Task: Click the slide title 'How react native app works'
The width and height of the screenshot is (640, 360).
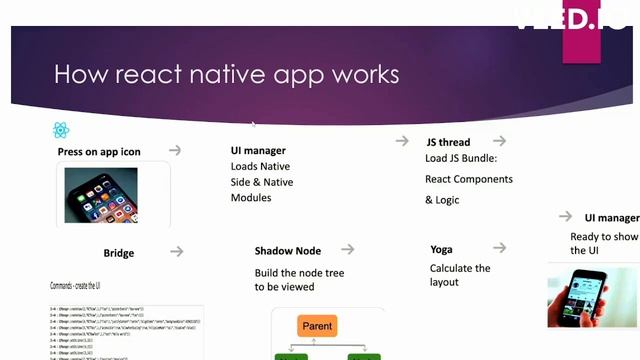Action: click(226, 75)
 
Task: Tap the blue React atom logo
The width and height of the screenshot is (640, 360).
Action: click(62, 130)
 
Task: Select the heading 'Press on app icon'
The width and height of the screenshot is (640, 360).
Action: click(99, 152)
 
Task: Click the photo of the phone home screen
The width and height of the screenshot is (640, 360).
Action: click(101, 194)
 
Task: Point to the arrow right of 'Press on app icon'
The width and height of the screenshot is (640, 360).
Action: click(175, 150)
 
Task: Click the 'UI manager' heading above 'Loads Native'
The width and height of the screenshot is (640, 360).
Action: click(258, 151)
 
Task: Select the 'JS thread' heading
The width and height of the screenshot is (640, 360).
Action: click(447, 142)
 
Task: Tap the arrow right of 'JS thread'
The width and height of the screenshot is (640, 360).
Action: click(499, 141)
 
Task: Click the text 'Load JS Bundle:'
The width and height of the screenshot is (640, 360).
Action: click(461, 158)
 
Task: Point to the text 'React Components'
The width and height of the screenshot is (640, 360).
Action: click(468, 179)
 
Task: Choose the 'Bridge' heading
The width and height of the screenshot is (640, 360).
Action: click(118, 253)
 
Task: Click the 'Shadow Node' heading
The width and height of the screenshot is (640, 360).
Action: click(288, 250)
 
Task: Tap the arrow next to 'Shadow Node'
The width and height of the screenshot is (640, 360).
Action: click(348, 249)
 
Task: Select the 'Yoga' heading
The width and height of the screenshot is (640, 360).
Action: click(441, 249)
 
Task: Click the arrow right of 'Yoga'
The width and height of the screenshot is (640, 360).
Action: click(499, 247)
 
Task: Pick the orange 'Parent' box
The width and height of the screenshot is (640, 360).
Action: click(318, 326)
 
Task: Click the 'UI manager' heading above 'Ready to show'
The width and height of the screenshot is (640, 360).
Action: click(612, 218)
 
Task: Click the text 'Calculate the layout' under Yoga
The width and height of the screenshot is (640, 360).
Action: click(460, 275)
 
